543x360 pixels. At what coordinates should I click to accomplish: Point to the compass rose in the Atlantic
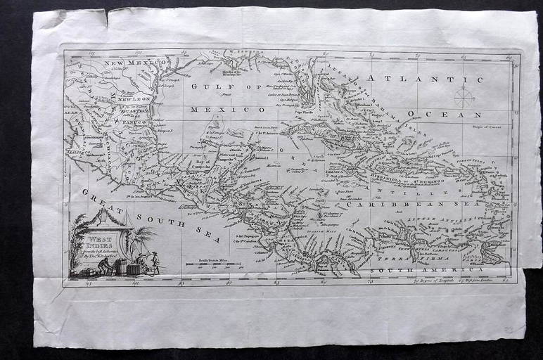tap(464, 96)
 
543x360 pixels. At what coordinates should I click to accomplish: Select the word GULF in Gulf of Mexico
tap(212, 88)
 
